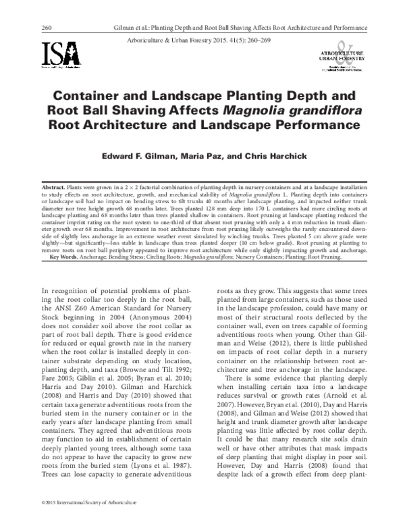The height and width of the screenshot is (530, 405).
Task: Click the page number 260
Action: pos(28,28)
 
